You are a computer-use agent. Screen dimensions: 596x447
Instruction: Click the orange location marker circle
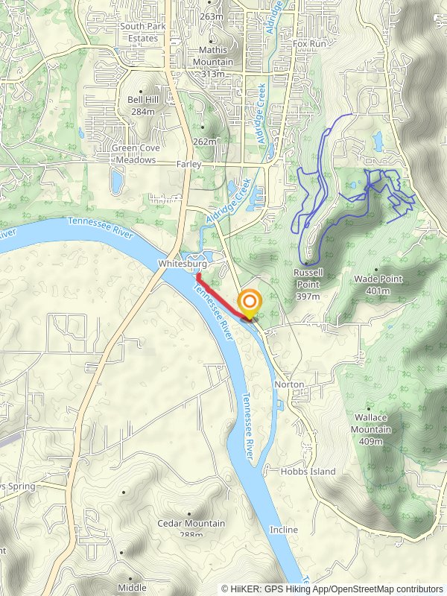pos(250,302)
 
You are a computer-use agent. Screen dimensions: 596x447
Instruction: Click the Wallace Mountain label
pos(370,429)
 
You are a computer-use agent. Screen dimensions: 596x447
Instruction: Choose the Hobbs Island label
pos(308,472)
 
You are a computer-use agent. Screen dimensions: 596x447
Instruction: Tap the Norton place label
pos(289,384)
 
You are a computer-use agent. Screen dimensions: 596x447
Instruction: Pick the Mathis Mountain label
pos(216,62)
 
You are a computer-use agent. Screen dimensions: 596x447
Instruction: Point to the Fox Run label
pos(310,44)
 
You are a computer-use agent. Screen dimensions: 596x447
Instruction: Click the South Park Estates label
pos(139,32)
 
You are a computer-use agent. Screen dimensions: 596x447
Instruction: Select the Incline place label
pos(284,530)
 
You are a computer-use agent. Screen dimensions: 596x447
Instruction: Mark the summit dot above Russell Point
pos(306,263)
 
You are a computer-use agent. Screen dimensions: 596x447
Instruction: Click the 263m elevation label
pos(212,17)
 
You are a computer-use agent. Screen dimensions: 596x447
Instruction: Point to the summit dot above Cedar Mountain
pos(189,513)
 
